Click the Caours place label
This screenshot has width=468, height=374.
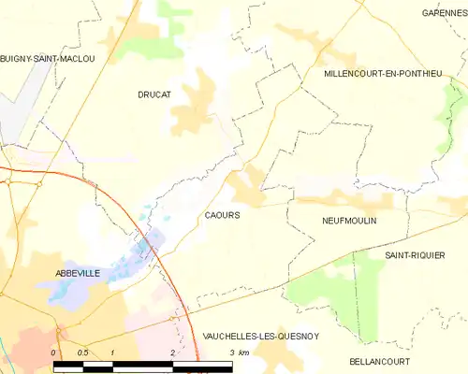pyautogui.click(x=222, y=215)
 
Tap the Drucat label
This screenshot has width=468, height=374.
pyautogui.click(x=154, y=94)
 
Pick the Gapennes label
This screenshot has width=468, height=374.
pyautogui.click(x=445, y=13)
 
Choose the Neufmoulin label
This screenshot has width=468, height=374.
pyautogui.click(x=348, y=223)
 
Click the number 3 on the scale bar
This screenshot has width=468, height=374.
pyautogui.click(x=231, y=352)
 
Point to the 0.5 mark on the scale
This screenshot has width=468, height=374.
pyautogui.click(x=82, y=352)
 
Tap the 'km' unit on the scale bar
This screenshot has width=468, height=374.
pyautogui.click(x=245, y=352)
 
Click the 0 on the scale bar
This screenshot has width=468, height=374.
pyautogui.click(x=54, y=352)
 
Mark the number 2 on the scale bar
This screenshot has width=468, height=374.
pyautogui.click(x=172, y=352)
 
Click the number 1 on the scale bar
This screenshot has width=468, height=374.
pyautogui.click(x=112, y=352)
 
